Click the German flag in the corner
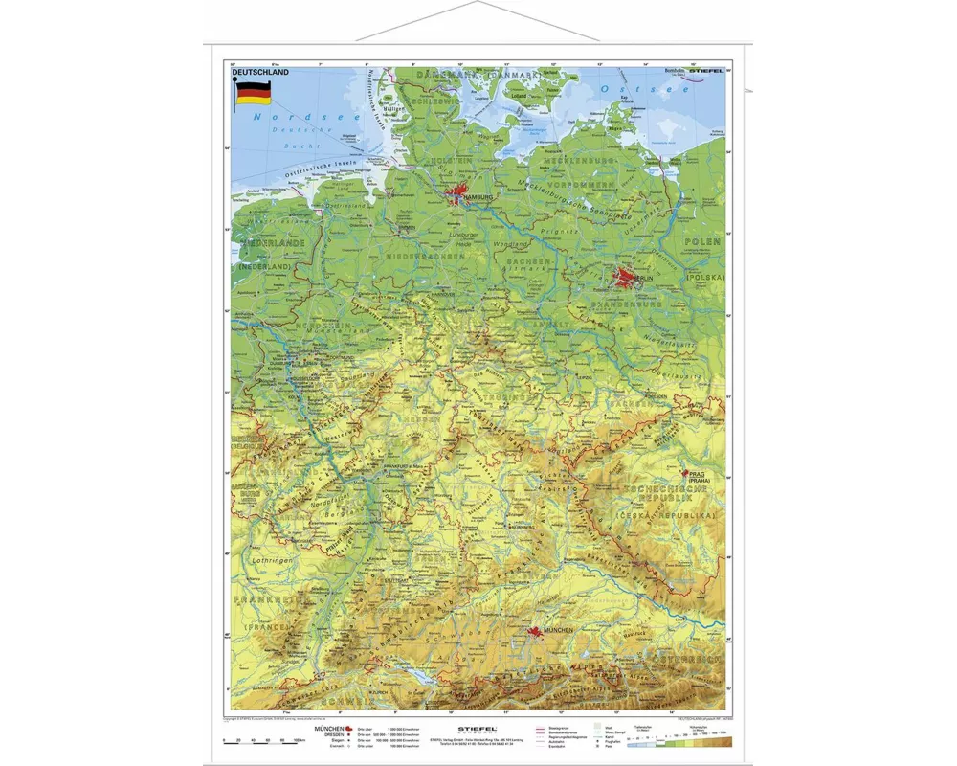click(253, 92)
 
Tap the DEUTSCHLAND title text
click(259, 72)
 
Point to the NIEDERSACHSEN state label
click(417, 257)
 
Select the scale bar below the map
click(260, 740)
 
